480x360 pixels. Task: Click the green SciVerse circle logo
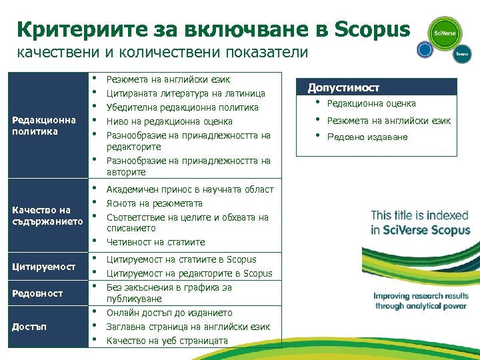click(445, 33)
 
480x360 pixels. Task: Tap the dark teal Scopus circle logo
click(462, 54)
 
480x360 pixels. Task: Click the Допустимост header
click(343, 88)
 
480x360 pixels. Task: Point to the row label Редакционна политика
click(44, 125)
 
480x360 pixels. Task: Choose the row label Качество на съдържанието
click(47, 215)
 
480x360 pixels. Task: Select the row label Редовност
click(37, 293)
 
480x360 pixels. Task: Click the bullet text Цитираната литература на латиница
click(186, 93)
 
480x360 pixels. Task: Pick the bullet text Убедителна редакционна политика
click(182, 107)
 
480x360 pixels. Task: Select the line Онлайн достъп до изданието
click(169, 313)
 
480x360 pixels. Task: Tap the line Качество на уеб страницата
click(167, 341)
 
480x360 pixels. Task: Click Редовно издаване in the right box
click(367, 137)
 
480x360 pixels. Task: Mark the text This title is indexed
click(419, 215)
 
